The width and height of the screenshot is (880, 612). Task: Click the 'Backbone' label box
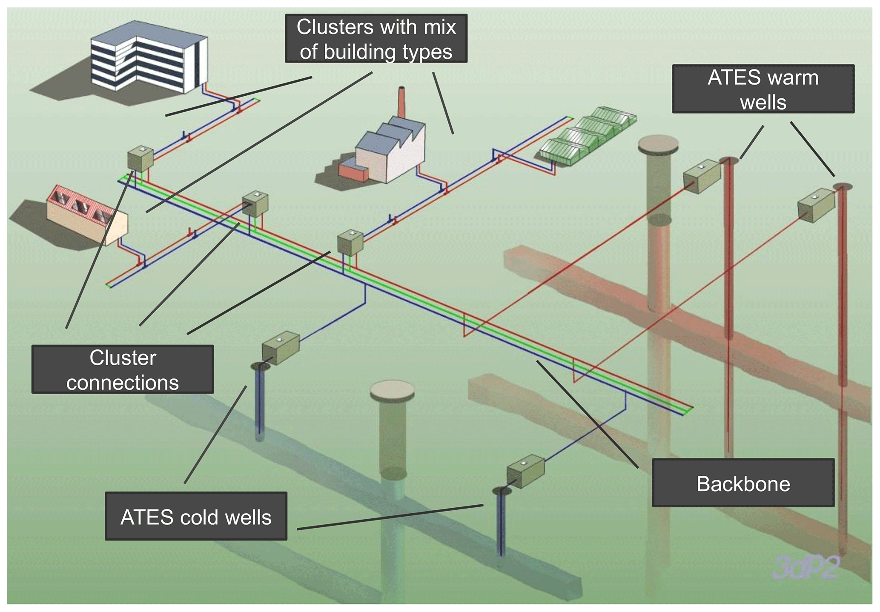tap(743, 483)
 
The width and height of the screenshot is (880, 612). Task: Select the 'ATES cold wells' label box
tap(196, 516)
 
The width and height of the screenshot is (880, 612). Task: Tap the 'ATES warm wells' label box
tap(763, 89)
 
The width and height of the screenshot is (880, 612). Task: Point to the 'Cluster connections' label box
tap(123, 369)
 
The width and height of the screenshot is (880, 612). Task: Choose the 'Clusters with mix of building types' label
tap(376, 39)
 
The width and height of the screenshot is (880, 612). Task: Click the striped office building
tap(149, 57)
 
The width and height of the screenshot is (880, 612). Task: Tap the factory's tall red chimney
tap(401, 102)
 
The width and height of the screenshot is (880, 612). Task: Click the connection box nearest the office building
tap(140, 158)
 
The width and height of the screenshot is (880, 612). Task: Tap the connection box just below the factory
tap(350, 242)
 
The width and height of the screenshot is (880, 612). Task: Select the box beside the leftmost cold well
tap(281, 347)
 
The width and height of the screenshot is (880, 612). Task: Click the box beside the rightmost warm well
tap(816, 205)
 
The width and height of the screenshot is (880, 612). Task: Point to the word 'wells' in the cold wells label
tap(248, 517)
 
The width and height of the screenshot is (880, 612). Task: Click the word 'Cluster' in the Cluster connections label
tap(123, 358)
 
